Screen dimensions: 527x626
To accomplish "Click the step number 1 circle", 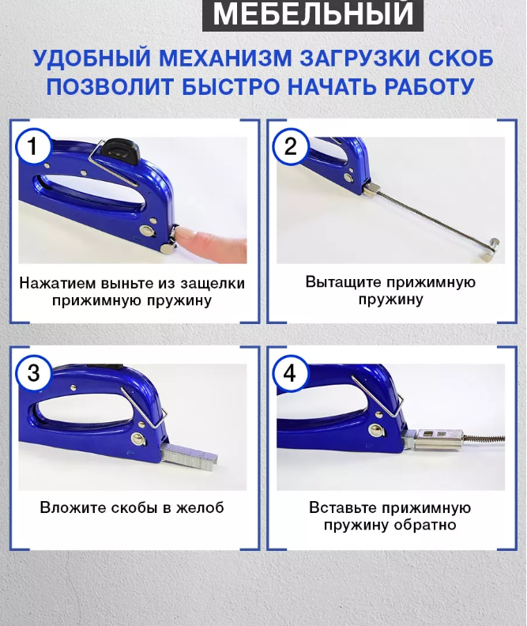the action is coord(33,146).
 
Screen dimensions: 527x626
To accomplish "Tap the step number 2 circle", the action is coord(291,146).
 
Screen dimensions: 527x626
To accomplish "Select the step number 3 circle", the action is coord(33,373).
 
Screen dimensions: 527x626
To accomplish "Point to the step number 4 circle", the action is coord(290,373).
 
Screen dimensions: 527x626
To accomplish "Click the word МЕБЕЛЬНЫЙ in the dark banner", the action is coord(313,13).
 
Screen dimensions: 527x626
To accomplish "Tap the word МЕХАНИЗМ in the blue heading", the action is coord(226,58).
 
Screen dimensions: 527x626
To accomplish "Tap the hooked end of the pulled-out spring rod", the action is coord(491,248).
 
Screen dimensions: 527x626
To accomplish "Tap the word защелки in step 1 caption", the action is coord(213,284).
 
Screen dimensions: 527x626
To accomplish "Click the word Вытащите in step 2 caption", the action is coord(342,282).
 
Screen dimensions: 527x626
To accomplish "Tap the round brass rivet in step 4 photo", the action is coord(376,430).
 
